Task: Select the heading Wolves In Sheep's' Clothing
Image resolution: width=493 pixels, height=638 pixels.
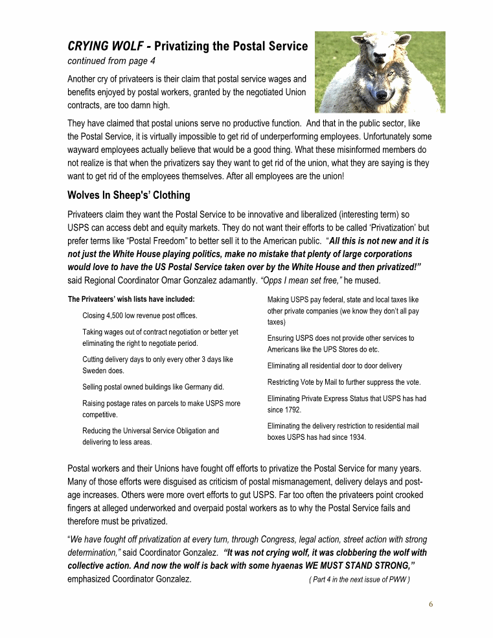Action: click(x=129, y=195)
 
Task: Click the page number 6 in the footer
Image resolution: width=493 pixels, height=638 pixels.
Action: click(x=430, y=604)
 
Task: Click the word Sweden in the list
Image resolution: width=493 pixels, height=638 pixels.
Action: click(x=95, y=370)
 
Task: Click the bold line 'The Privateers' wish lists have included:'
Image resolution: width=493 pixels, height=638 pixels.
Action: click(x=132, y=299)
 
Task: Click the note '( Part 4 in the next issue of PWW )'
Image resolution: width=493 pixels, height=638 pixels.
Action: click(x=360, y=580)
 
